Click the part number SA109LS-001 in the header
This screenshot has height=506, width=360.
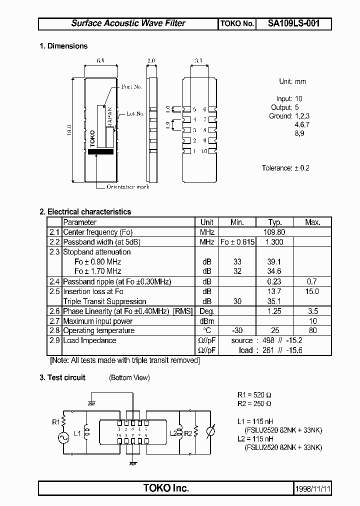293,23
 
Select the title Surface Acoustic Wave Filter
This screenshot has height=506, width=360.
128,23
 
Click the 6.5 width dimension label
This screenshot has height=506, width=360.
100,60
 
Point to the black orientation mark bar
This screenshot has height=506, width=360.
100,151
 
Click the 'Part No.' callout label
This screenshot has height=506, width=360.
131,86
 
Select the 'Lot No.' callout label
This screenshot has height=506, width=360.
135,113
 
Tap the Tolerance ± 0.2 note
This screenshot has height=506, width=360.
285,168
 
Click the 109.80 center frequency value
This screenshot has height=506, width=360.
275,232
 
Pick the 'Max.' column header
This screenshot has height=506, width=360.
312,222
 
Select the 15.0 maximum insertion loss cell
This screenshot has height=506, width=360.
312,291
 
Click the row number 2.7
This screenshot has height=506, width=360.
54,321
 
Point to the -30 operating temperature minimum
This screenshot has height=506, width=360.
237,330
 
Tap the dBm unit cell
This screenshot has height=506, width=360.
207,321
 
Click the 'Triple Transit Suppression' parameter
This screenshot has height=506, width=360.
104,301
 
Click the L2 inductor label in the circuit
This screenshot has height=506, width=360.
173,432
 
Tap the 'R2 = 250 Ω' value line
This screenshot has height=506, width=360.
254,403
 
